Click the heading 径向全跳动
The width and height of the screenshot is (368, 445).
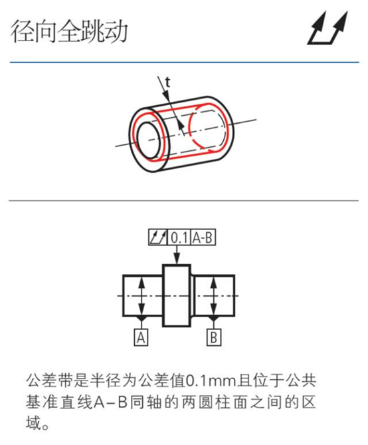[69, 31]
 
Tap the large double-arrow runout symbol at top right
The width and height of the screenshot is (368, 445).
[327, 29]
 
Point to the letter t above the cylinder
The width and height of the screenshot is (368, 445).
[167, 82]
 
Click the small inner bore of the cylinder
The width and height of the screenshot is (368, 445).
[149, 140]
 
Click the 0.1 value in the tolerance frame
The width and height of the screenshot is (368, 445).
[179, 237]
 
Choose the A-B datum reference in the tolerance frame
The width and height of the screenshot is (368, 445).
[203, 237]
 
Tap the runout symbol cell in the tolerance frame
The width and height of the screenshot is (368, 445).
[158, 237]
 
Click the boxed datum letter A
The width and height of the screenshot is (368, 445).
[141, 338]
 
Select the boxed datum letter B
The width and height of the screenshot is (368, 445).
[214, 338]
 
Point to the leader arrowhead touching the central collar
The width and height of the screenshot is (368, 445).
[177, 259]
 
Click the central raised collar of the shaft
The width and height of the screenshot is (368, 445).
[177, 296]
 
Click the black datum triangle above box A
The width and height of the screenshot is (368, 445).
[141, 319]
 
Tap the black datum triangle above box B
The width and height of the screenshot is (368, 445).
[214, 319]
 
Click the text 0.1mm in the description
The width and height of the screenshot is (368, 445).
[211, 381]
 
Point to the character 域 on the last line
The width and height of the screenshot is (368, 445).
[34, 423]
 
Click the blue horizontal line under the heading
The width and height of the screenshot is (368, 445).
[184, 62]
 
